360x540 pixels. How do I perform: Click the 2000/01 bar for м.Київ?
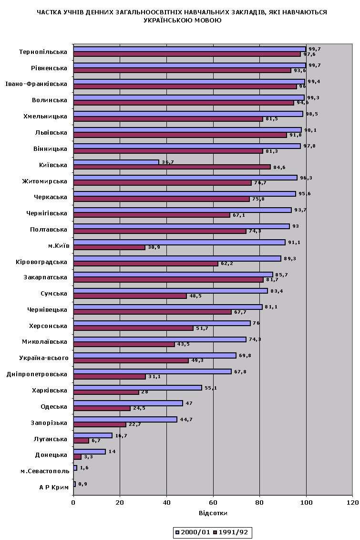pyautogui.click(x=179, y=242)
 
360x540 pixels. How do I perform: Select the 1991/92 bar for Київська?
pyautogui.click(x=172, y=167)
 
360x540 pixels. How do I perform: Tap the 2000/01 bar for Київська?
pyautogui.click(x=116, y=162)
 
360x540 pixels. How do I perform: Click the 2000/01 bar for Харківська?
pyautogui.click(x=138, y=388)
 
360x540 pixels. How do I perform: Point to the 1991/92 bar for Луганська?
pyautogui.click(x=81, y=441)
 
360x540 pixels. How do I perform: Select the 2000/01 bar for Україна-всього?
pyautogui.click(x=155, y=355)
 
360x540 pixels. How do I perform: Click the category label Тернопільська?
pyautogui.click(x=43, y=52)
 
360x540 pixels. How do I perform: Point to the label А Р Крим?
pyautogui.click(x=54, y=487)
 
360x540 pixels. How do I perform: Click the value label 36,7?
pyautogui.click(x=167, y=162)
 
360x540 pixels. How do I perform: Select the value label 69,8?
pyautogui.click(x=244, y=355)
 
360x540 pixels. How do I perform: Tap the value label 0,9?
pyautogui.click(x=82, y=484)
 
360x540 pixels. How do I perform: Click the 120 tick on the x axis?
pyautogui.click(x=352, y=503)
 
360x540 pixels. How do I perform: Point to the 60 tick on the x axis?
pyautogui.click(x=213, y=503)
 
